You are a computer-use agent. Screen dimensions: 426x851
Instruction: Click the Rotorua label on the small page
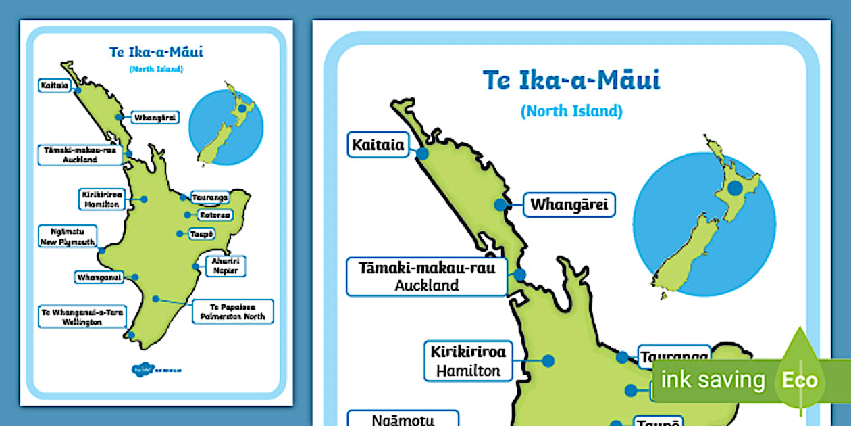[x=215, y=215]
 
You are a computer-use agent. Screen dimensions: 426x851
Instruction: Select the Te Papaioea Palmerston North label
[x=233, y=310]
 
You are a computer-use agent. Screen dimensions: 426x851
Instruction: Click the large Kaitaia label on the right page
[x=378, y=145]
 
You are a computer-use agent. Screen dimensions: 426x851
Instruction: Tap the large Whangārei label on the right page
[x=569, y=204]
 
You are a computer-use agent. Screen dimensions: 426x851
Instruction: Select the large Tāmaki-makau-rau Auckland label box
[x=427, y=277]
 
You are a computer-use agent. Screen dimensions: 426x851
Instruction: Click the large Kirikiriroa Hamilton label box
[x=468, y=361]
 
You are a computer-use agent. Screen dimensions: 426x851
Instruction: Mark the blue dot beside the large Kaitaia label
[x=422, y=153]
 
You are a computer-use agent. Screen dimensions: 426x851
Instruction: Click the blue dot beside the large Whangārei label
[x=500, y=204]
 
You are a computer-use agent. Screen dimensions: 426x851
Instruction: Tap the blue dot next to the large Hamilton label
[x=548, y=361]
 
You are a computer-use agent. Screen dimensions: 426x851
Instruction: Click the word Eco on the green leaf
[x=800, y=380]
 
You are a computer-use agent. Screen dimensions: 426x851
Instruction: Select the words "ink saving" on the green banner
[x=712, y=380]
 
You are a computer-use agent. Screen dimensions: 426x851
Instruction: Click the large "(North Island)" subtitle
[x=571, y=111]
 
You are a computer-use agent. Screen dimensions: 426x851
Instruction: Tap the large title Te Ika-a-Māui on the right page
[x=571, y=80]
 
